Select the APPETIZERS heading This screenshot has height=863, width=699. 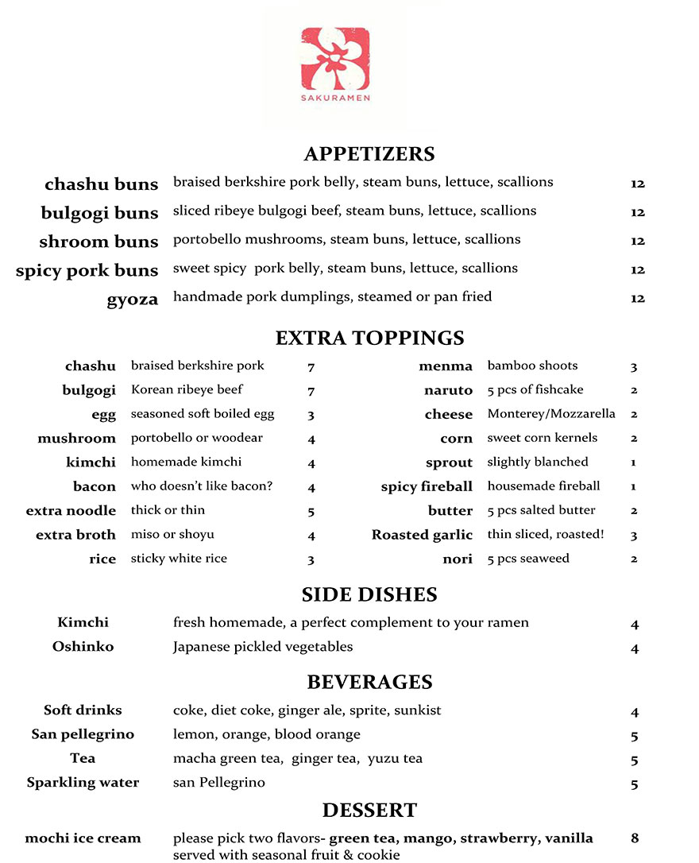click(x=369, y=154)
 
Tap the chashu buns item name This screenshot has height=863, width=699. click(x=102, y=184)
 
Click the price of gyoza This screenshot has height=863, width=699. click(x=638, y=299)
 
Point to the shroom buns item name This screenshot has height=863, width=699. click(x=98, y=242)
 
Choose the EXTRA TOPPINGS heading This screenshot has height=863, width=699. click(x=369, y=339)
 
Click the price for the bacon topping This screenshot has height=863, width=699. click(x=311, y=487)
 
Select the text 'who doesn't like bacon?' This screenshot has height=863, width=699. click(x=202, y=486)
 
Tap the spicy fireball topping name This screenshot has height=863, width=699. click(x=427, y=487)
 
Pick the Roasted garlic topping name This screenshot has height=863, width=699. click(x=422, y=536)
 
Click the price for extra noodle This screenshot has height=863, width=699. click(x=311, y=512)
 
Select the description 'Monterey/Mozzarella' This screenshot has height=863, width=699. click(x=551, y=414)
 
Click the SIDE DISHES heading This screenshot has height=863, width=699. click(x=369, y=595)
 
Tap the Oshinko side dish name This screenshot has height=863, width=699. click(x=83, y=647)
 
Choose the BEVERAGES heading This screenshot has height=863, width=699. click(x=369, y=683)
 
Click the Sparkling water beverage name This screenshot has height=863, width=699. click(x=83, y=783)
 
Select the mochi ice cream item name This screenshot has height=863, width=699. click(x=83, y=838)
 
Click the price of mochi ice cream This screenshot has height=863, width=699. click(x=635, y=838)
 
